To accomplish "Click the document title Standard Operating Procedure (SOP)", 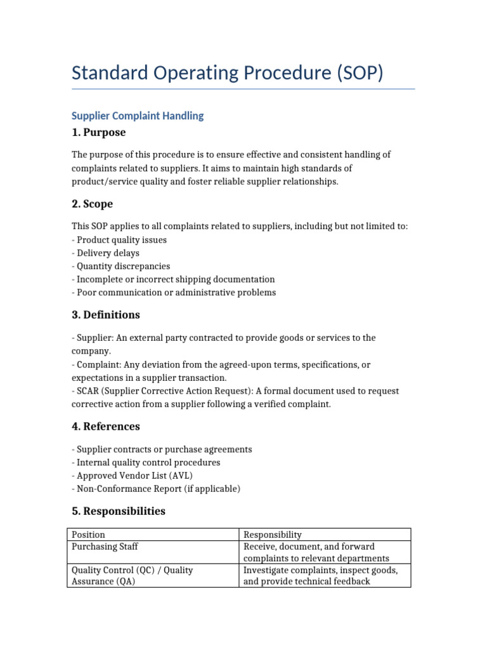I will pyautogui.click(x=228, y=72).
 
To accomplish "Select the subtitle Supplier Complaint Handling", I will pyautogui.click(x=138, y=116).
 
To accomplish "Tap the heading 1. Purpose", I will pyautogui.click(x=98, y=133).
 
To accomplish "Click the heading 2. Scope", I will pyautogui.click(x=92, y=204).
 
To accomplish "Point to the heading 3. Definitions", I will pyautogui.click(x=106, y=315).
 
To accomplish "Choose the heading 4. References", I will pyautogui.click(x=106, y=426).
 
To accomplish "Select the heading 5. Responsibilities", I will pyautogui.click(x=119, y=511).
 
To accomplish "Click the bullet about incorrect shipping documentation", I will pyautogui.click(x=173, y=279).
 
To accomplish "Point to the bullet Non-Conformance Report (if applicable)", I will pyautogui.click(x=156, y=489).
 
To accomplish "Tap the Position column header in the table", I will pyautogui.click(x=89, y=534).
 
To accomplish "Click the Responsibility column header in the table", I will pyautogui.click(x=273, y=534).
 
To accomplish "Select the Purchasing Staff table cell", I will pyautogui.click(x=105, y=547).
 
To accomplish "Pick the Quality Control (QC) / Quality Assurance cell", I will pyautogui.click(x=132, y=576).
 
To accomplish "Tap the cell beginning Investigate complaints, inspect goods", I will pyautogui.click(x=321, y=576).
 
